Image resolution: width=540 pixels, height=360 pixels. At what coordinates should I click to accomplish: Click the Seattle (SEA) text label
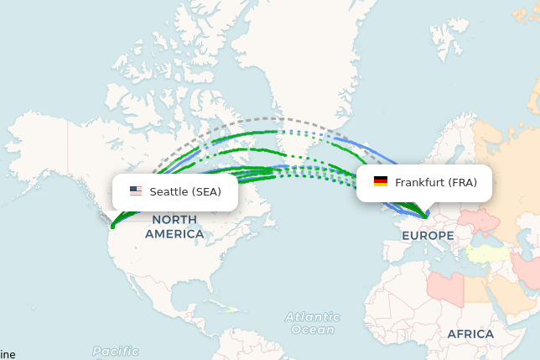coord(185,191)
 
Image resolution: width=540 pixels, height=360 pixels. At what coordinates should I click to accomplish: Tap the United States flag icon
coord(136,191)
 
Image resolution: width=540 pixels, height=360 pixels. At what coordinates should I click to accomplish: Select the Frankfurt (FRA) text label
coord(435,182)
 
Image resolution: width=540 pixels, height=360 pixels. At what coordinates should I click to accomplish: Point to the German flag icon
coord(381,182)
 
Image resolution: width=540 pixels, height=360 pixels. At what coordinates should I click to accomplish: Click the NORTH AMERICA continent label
coord(174,227)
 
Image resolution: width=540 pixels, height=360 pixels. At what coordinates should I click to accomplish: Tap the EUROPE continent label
coord(428,236)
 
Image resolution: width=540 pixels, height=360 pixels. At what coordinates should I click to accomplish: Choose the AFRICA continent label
coord(470,334)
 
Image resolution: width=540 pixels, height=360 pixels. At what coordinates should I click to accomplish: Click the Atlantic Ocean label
coord(312,323)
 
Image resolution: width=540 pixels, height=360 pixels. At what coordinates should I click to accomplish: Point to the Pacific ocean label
coord(116,351)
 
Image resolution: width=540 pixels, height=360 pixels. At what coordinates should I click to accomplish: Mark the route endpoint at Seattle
coord(112,226)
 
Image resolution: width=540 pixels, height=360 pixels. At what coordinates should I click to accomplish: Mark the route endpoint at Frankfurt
coord(426,217)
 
